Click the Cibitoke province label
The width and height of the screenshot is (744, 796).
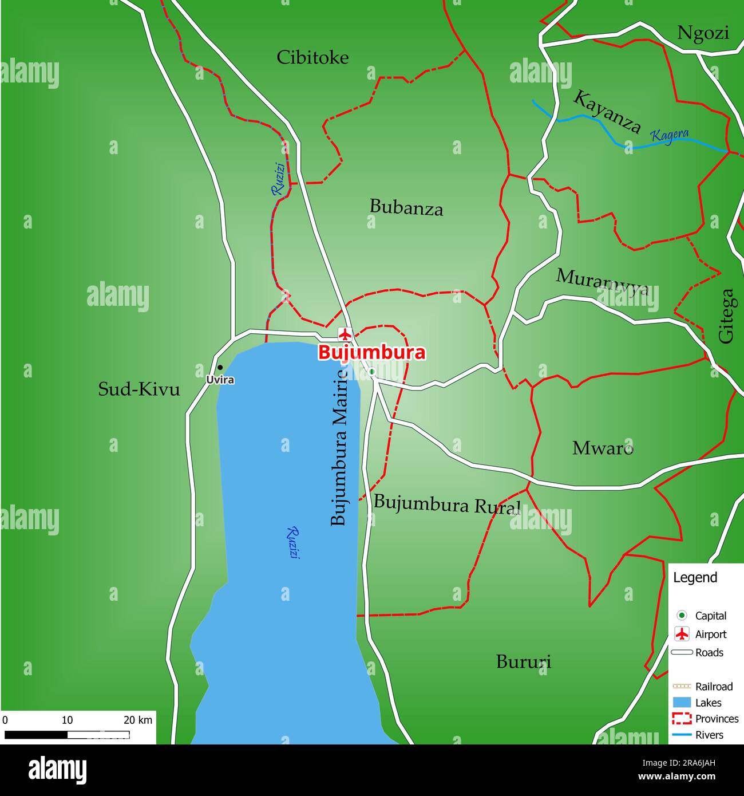coord(312,58)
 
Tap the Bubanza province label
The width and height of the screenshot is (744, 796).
coord(406,207)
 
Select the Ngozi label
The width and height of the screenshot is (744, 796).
coord(703,33)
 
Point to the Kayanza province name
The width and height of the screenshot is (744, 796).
coord(607,112)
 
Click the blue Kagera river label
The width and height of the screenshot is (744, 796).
coord(670,136)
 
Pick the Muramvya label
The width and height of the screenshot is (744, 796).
coord(603,281)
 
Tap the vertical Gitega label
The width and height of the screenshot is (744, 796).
coord(726,316)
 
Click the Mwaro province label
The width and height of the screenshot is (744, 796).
coord(603,448)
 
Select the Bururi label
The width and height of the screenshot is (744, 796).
coord(524,662)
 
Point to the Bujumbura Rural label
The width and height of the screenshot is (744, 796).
coord(447,505)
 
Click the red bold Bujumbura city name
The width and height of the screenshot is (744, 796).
coord(371,353)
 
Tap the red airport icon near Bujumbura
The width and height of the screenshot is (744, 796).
coord(345,334)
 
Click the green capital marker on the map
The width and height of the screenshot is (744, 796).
coord(372,372)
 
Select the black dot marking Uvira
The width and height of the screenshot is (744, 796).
coord(220,368)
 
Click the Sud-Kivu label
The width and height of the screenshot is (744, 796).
coord(139,389)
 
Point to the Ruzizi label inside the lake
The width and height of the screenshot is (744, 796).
coord(293,542)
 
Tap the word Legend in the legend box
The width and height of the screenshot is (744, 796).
coord(695,577)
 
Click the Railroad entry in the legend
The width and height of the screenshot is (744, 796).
coord(714,687)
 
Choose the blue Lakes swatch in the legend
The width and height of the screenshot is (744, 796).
coord(682,703)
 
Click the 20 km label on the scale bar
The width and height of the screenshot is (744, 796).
coord(138,720)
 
